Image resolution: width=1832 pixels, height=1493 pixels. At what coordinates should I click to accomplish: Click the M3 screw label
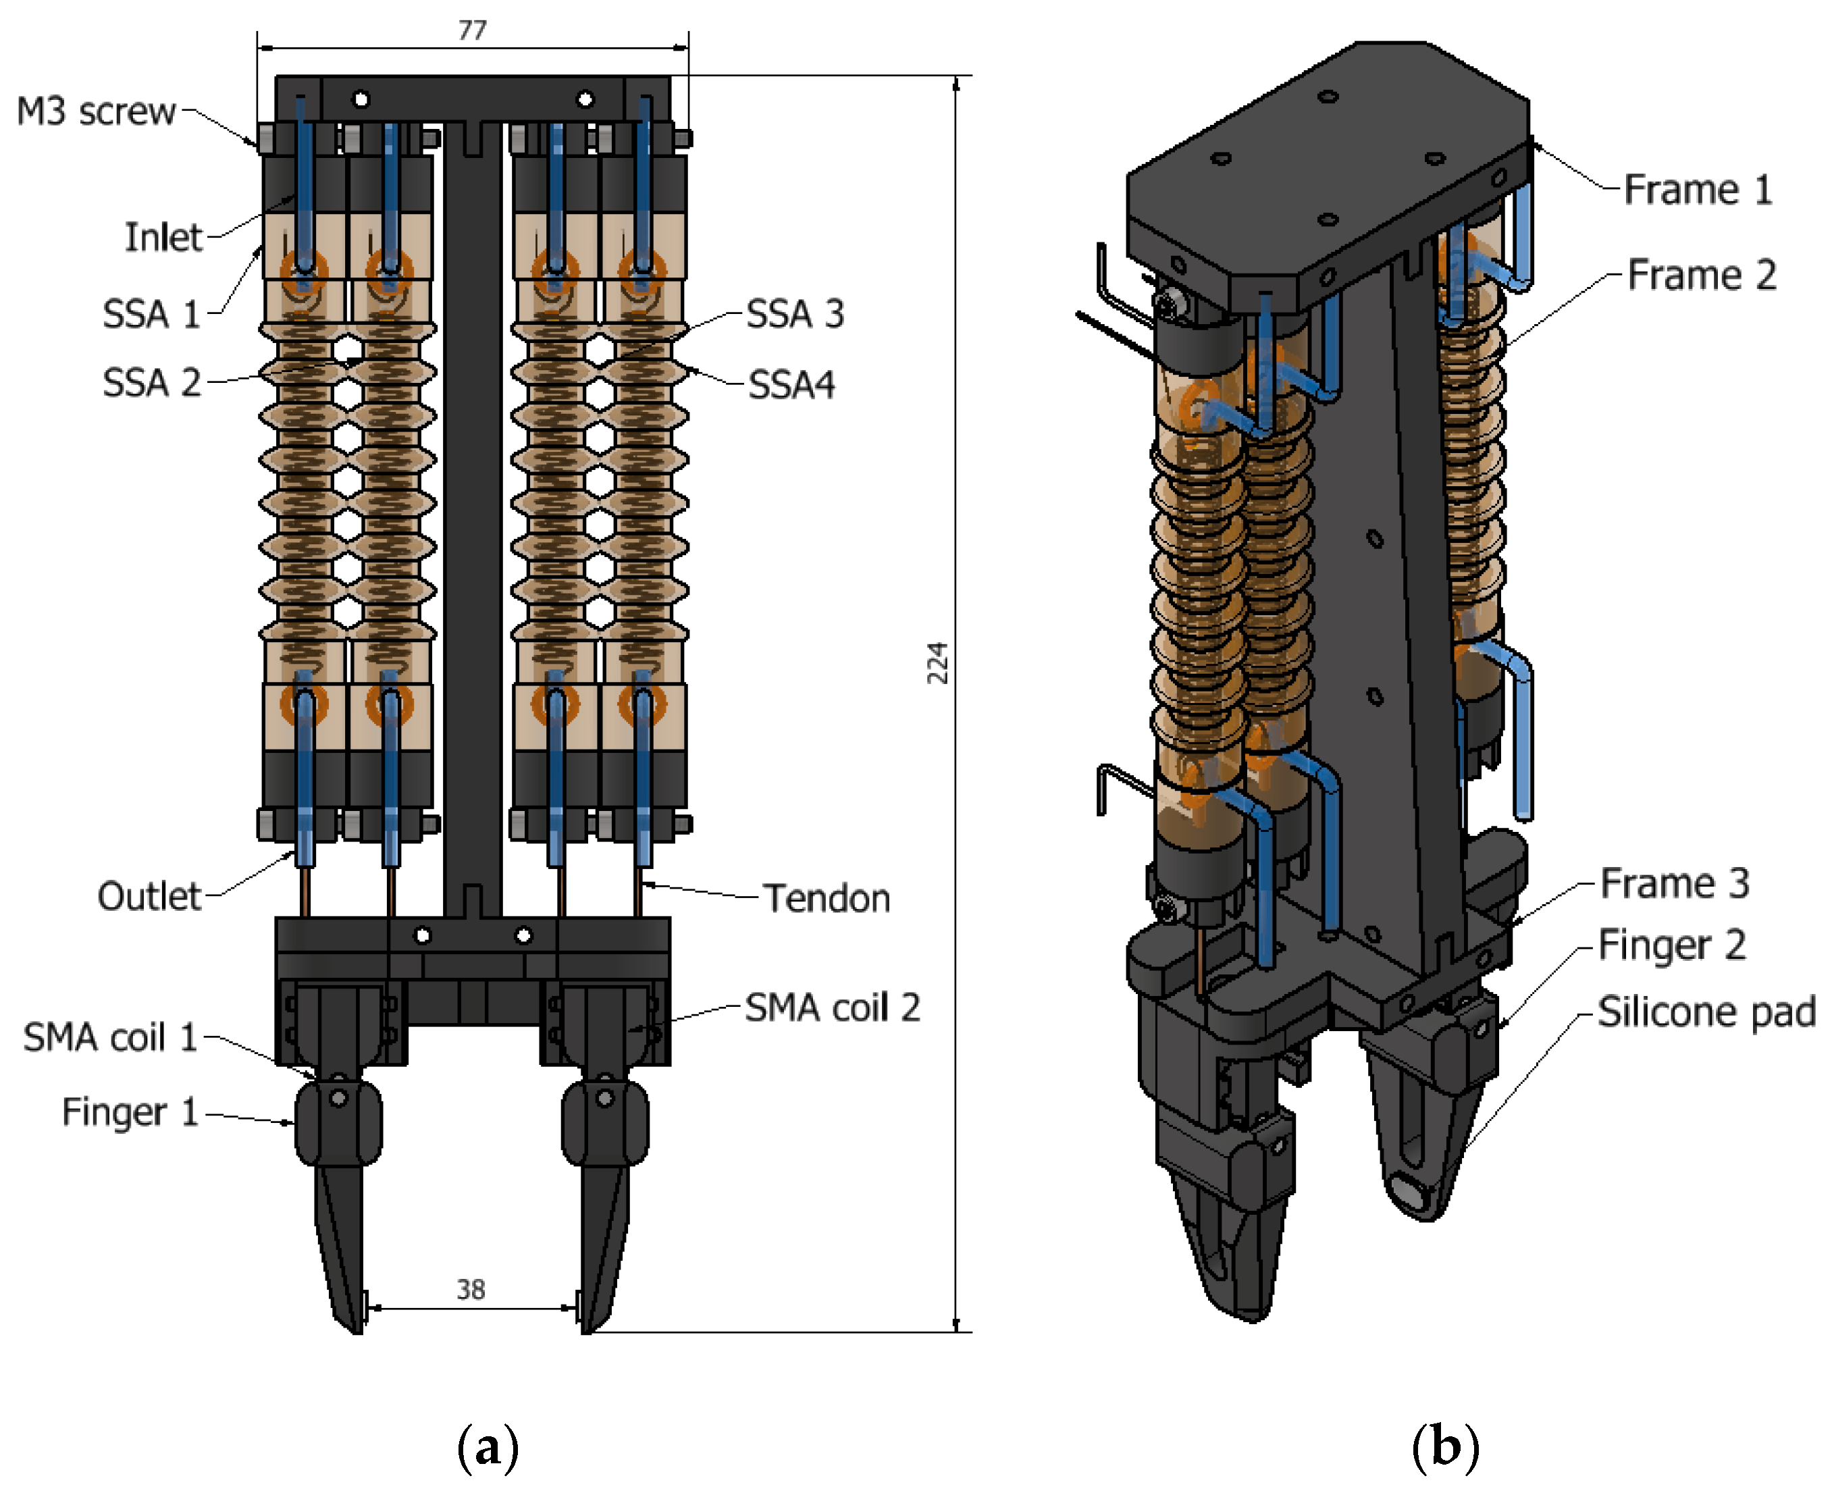coord(97,112)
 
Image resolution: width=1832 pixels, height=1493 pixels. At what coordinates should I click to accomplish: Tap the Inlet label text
coord(163,238)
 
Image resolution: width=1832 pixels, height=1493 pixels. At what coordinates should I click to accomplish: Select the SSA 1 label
coord(151,314)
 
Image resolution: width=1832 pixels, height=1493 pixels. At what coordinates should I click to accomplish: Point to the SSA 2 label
coord(151,383)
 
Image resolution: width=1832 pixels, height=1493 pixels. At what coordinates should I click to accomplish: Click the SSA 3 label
coord(795,314)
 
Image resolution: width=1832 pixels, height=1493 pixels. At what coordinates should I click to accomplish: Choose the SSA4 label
coord(791,384)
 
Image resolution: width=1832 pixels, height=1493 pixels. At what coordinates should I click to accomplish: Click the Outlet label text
coord(149,896)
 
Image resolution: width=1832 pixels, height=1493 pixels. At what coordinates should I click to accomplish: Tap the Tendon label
coord(827,899)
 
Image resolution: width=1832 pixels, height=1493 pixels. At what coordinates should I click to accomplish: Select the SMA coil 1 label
coord(110,1037)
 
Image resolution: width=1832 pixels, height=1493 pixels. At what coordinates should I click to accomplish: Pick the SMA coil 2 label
coord(832,1007)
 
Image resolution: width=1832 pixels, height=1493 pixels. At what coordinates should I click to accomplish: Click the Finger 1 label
coord(130,1112)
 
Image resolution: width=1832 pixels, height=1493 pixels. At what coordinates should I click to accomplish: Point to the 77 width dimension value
coord(472,31)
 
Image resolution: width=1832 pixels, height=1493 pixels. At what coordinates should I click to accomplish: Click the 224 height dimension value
coord(937,662)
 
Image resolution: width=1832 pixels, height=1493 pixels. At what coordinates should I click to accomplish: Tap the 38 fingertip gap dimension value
coord(471,1289)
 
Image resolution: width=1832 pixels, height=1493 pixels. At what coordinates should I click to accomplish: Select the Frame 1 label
coord(1698,189)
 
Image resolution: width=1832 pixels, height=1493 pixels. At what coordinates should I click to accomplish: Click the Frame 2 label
coord(1701,276)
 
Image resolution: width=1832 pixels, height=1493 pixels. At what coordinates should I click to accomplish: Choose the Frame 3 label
coord(1674,883)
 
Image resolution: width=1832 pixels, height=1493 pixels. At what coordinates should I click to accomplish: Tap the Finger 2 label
coord(1671,945)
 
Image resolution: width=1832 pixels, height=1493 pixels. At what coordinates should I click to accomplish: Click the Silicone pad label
coord(1706,1012)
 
